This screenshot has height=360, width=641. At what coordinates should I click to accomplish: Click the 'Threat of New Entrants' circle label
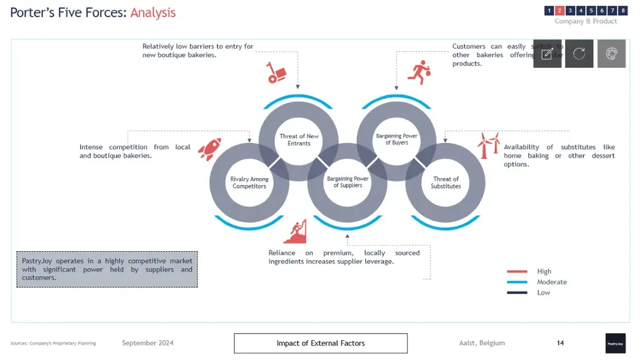299,140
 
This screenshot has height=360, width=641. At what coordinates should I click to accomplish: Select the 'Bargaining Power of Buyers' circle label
397,139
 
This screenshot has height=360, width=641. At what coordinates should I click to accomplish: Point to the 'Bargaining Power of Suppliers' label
347,182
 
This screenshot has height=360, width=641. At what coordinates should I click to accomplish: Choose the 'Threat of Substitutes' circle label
445,183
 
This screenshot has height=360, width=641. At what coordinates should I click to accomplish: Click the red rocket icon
209,149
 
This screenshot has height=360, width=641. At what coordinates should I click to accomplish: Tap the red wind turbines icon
488,145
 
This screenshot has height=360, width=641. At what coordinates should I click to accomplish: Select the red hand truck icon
276,72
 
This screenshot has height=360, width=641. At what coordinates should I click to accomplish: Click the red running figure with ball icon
419,72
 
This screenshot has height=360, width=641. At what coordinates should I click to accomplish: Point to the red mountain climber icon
295,231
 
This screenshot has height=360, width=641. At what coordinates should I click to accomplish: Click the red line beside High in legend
517,272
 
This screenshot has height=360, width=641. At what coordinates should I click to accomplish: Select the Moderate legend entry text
551,282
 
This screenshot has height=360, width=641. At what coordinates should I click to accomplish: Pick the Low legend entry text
544,293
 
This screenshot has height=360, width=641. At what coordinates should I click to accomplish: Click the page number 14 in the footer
560,343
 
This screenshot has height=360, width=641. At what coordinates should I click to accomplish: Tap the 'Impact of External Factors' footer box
320,343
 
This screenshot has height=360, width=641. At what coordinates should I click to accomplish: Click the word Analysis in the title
153,13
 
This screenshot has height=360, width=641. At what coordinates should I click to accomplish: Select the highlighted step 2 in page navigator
560,11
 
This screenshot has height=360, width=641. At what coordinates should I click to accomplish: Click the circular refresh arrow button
579,54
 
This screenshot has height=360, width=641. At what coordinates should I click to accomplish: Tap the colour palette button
611,54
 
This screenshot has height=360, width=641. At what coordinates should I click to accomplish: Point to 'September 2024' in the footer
147,343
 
